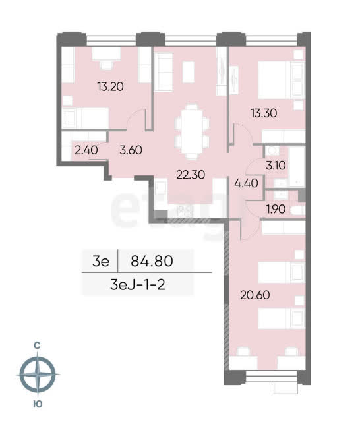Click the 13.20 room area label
[x=111, y=86]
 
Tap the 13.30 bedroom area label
[x=264, y=113]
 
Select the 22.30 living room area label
[x=191, y=175]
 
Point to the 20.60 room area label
[x=255, y=295]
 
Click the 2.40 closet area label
[x=86, y=150]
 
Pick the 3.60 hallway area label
[x=131, y=150]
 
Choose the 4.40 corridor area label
[x=246, y=183]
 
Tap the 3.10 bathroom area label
[x=276, y=166]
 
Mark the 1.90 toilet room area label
[x=276, y=209]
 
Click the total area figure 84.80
[x=152, y=261]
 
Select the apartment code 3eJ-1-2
[x=138, y=285]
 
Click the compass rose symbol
[x=38, y=375]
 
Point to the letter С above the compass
[x=37, y=346]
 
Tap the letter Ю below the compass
[x=38, y=404]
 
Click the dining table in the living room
[x=192, y=131]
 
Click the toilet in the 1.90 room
[x=297, y=210]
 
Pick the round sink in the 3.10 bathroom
[x=272, y=150]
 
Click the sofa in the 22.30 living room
[x=163, y=72]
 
